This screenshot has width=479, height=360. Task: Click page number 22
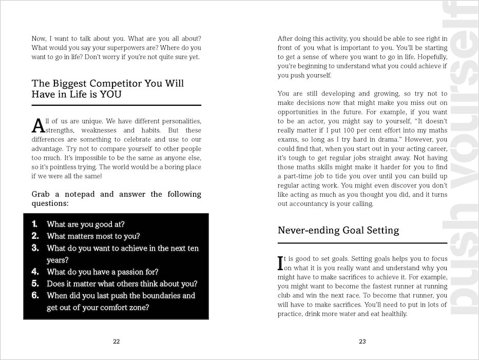click(x=116, y=342)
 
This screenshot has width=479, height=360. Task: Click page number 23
click(x=362, y=342)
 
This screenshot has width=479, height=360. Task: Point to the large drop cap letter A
click(x=37, y=125)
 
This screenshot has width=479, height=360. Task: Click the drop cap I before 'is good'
click(x=280, y=263)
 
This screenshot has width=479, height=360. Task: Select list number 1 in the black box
click(x=34, y=224)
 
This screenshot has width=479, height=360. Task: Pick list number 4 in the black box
click(x=35, y=271)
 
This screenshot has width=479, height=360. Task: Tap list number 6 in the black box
click(x=35, y=295)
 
